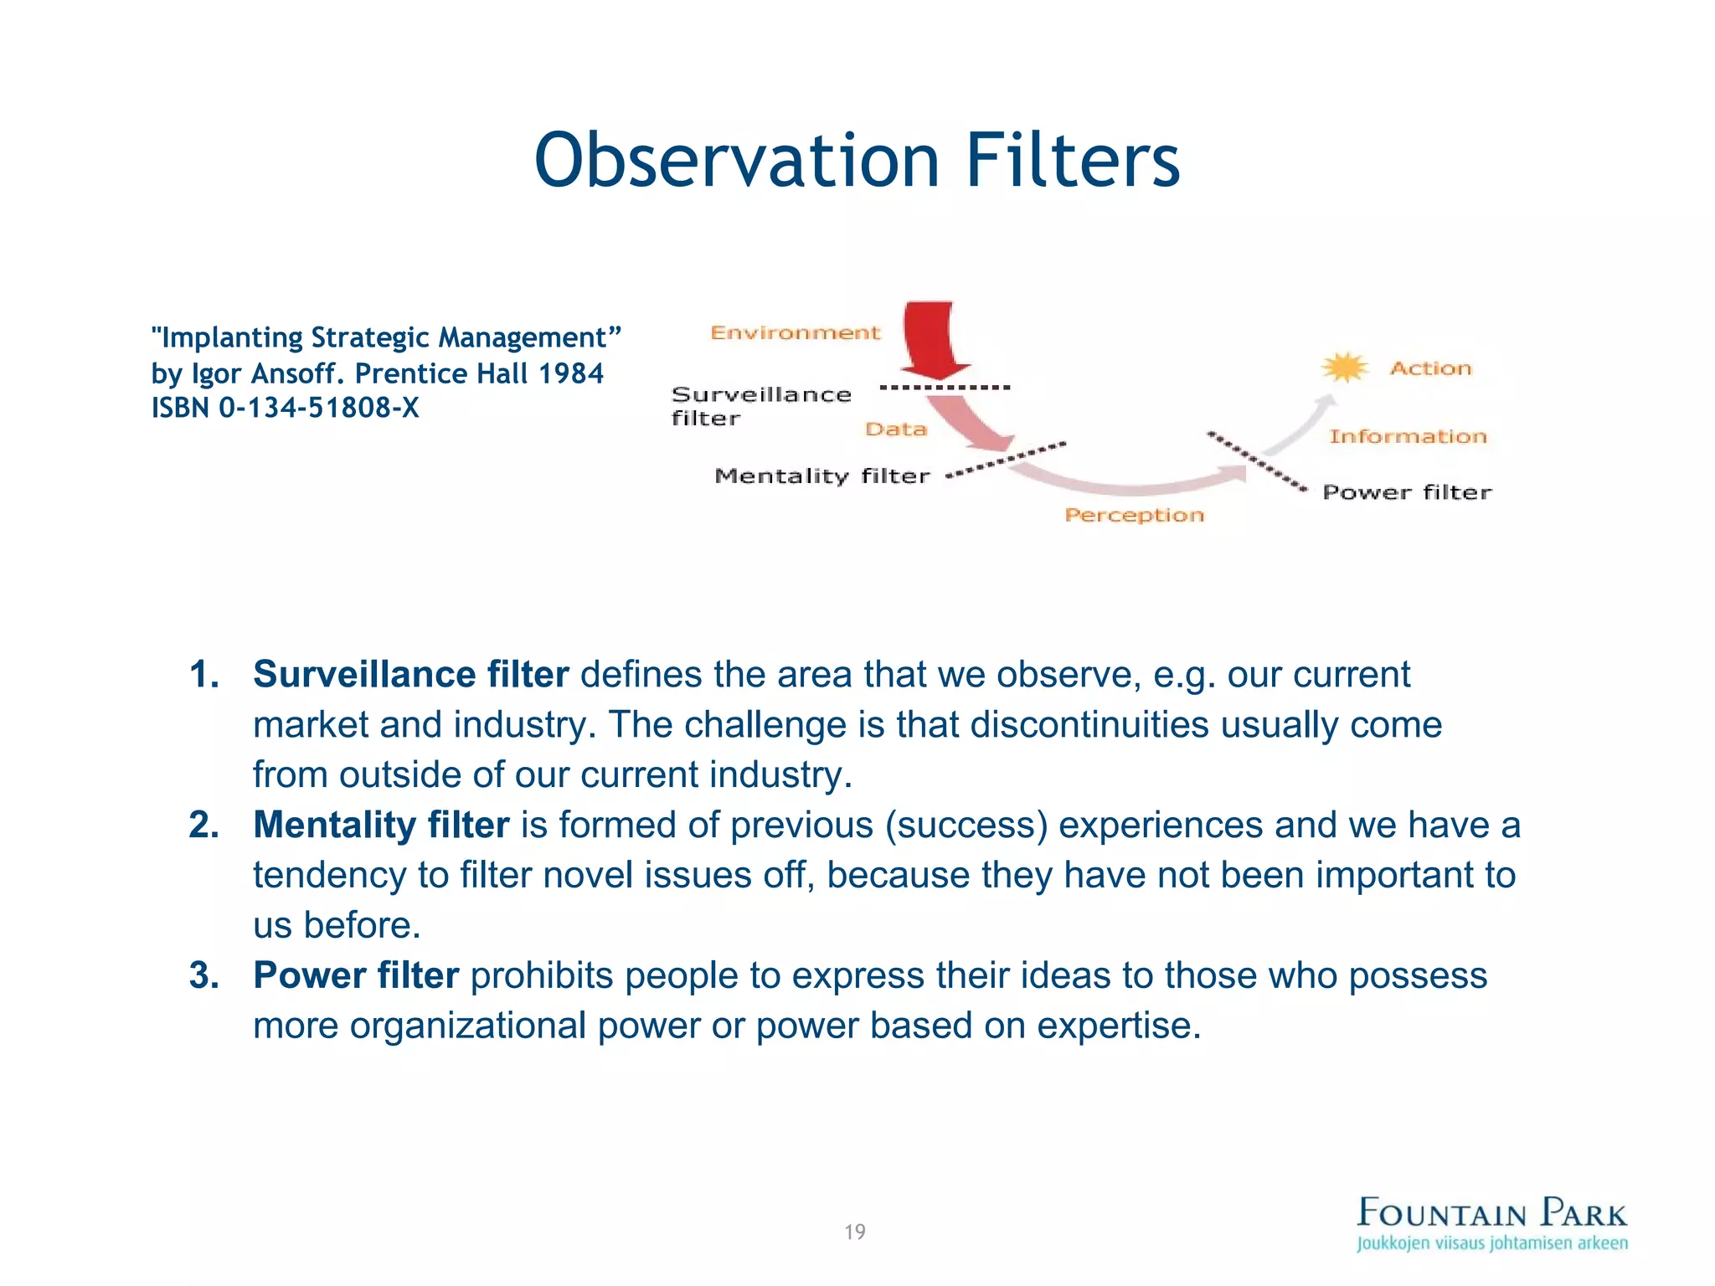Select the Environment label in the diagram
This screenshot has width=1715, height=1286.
[x=795, y=333]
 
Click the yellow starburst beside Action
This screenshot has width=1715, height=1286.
[x=1344, y=367]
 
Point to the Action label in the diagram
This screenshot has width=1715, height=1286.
[x=1430, y=368]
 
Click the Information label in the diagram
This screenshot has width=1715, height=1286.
[x=1408, y=436]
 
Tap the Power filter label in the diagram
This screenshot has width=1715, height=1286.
[x=1407, y=492]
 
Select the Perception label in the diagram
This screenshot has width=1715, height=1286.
[x=1134, y=515]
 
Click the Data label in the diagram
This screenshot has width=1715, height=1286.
[x=896, y=430]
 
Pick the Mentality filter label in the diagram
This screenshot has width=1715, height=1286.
[x=822, y=476]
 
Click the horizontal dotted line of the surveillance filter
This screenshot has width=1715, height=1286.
[x=945, y=388]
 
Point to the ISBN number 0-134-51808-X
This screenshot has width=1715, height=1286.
[x=318, y=408]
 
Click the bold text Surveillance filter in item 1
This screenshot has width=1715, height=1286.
[x=410, y=674]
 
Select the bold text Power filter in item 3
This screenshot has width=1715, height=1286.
[x=356, y=975]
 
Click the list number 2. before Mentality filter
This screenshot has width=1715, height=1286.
[x=203, y=825]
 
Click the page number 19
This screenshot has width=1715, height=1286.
[x=855, y=1232]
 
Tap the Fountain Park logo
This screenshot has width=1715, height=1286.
[x=1491, y=1223]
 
